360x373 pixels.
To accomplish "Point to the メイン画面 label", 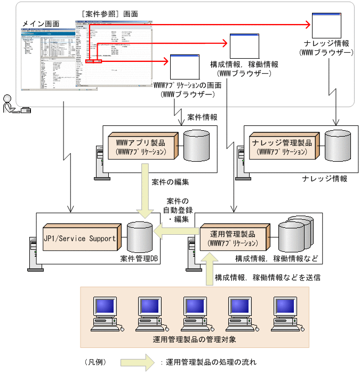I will click(41, 25).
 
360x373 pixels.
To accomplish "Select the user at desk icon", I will click(15, 104).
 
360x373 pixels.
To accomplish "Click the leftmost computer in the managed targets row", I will click(105, 313).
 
